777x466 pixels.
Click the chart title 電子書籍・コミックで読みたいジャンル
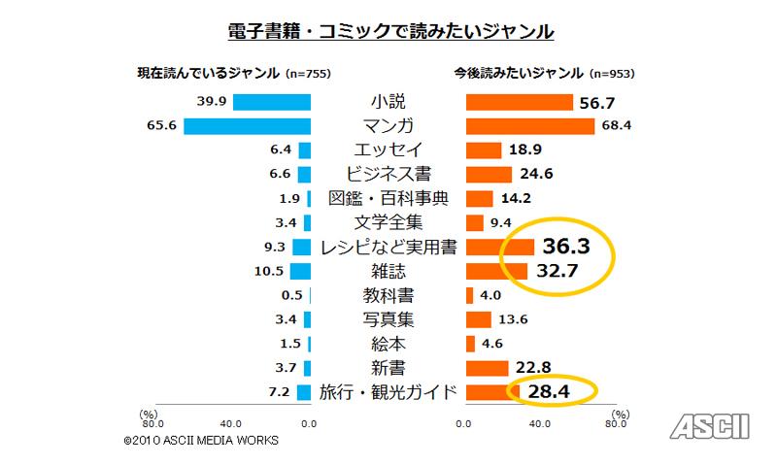388,31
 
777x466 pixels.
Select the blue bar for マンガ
247,125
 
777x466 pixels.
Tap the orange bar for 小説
519,101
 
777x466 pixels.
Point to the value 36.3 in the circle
567,247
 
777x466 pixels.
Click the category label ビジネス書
388,174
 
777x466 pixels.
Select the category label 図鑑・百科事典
388,198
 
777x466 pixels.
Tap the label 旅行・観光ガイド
388,392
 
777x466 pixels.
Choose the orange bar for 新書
488,368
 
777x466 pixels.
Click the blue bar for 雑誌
300,271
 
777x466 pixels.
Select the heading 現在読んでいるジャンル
209,73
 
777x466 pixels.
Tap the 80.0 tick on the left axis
152,423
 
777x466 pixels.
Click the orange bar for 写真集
479,319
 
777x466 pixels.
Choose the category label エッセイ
388,150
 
